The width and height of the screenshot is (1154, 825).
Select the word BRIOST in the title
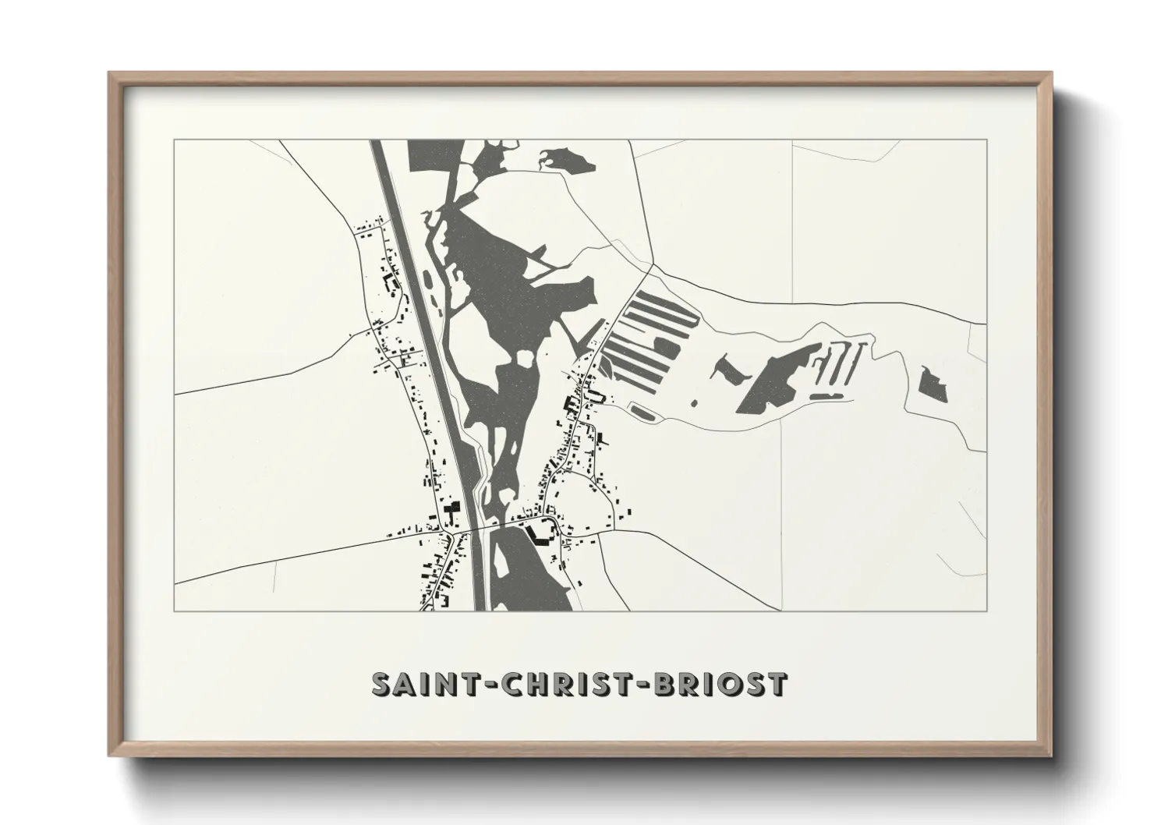pyautogui.click(x=725, y=684)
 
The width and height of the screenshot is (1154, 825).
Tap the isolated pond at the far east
pyautogui.click(x=933, y=384)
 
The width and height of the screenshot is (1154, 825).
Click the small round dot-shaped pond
pyautogui.click(x=693, y=403)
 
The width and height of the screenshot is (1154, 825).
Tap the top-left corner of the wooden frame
pyautogui.click(x=110, y=74)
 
